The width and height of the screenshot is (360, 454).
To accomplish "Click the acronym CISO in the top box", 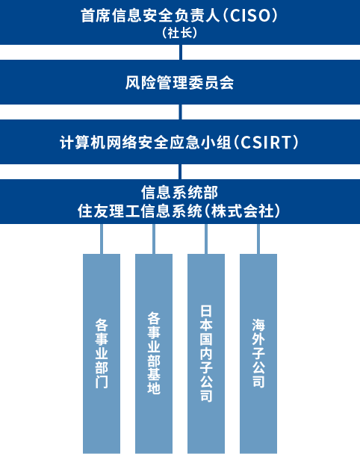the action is click(250, 16).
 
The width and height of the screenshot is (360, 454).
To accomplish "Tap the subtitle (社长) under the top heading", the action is click(179, 33).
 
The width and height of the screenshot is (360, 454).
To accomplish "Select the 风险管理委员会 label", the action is click(179, 83).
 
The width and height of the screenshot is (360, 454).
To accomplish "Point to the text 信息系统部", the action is click(179, 192).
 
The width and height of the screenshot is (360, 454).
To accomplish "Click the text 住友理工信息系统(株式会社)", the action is click(179, 211).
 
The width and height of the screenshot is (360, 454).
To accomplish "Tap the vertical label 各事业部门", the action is click(102, 353).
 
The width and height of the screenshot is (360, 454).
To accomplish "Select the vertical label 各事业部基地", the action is click(154, 353).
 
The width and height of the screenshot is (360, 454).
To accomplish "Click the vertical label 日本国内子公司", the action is click(206, 353).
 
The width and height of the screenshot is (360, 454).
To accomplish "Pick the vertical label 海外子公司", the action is click(258, 353).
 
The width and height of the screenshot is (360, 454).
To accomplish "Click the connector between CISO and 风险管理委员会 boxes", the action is click(181, 52).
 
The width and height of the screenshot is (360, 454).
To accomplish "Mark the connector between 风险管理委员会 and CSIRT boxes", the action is click(181, 112).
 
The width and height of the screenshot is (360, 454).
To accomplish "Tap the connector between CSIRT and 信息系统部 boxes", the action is click(180, 172).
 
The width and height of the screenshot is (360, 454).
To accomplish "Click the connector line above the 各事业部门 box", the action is click(102, 239).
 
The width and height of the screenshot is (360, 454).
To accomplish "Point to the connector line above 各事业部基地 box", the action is click(154, 239).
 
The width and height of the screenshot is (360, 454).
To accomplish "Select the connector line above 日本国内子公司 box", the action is click(206, 239).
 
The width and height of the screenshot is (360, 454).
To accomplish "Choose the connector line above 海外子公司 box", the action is click(258, 239).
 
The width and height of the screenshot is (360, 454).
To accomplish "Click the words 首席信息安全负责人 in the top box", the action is click(151, 16).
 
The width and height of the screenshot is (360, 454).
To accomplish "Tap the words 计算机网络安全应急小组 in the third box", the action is click(146, 143).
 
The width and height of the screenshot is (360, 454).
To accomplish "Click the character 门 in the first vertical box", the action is click(102, 382).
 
